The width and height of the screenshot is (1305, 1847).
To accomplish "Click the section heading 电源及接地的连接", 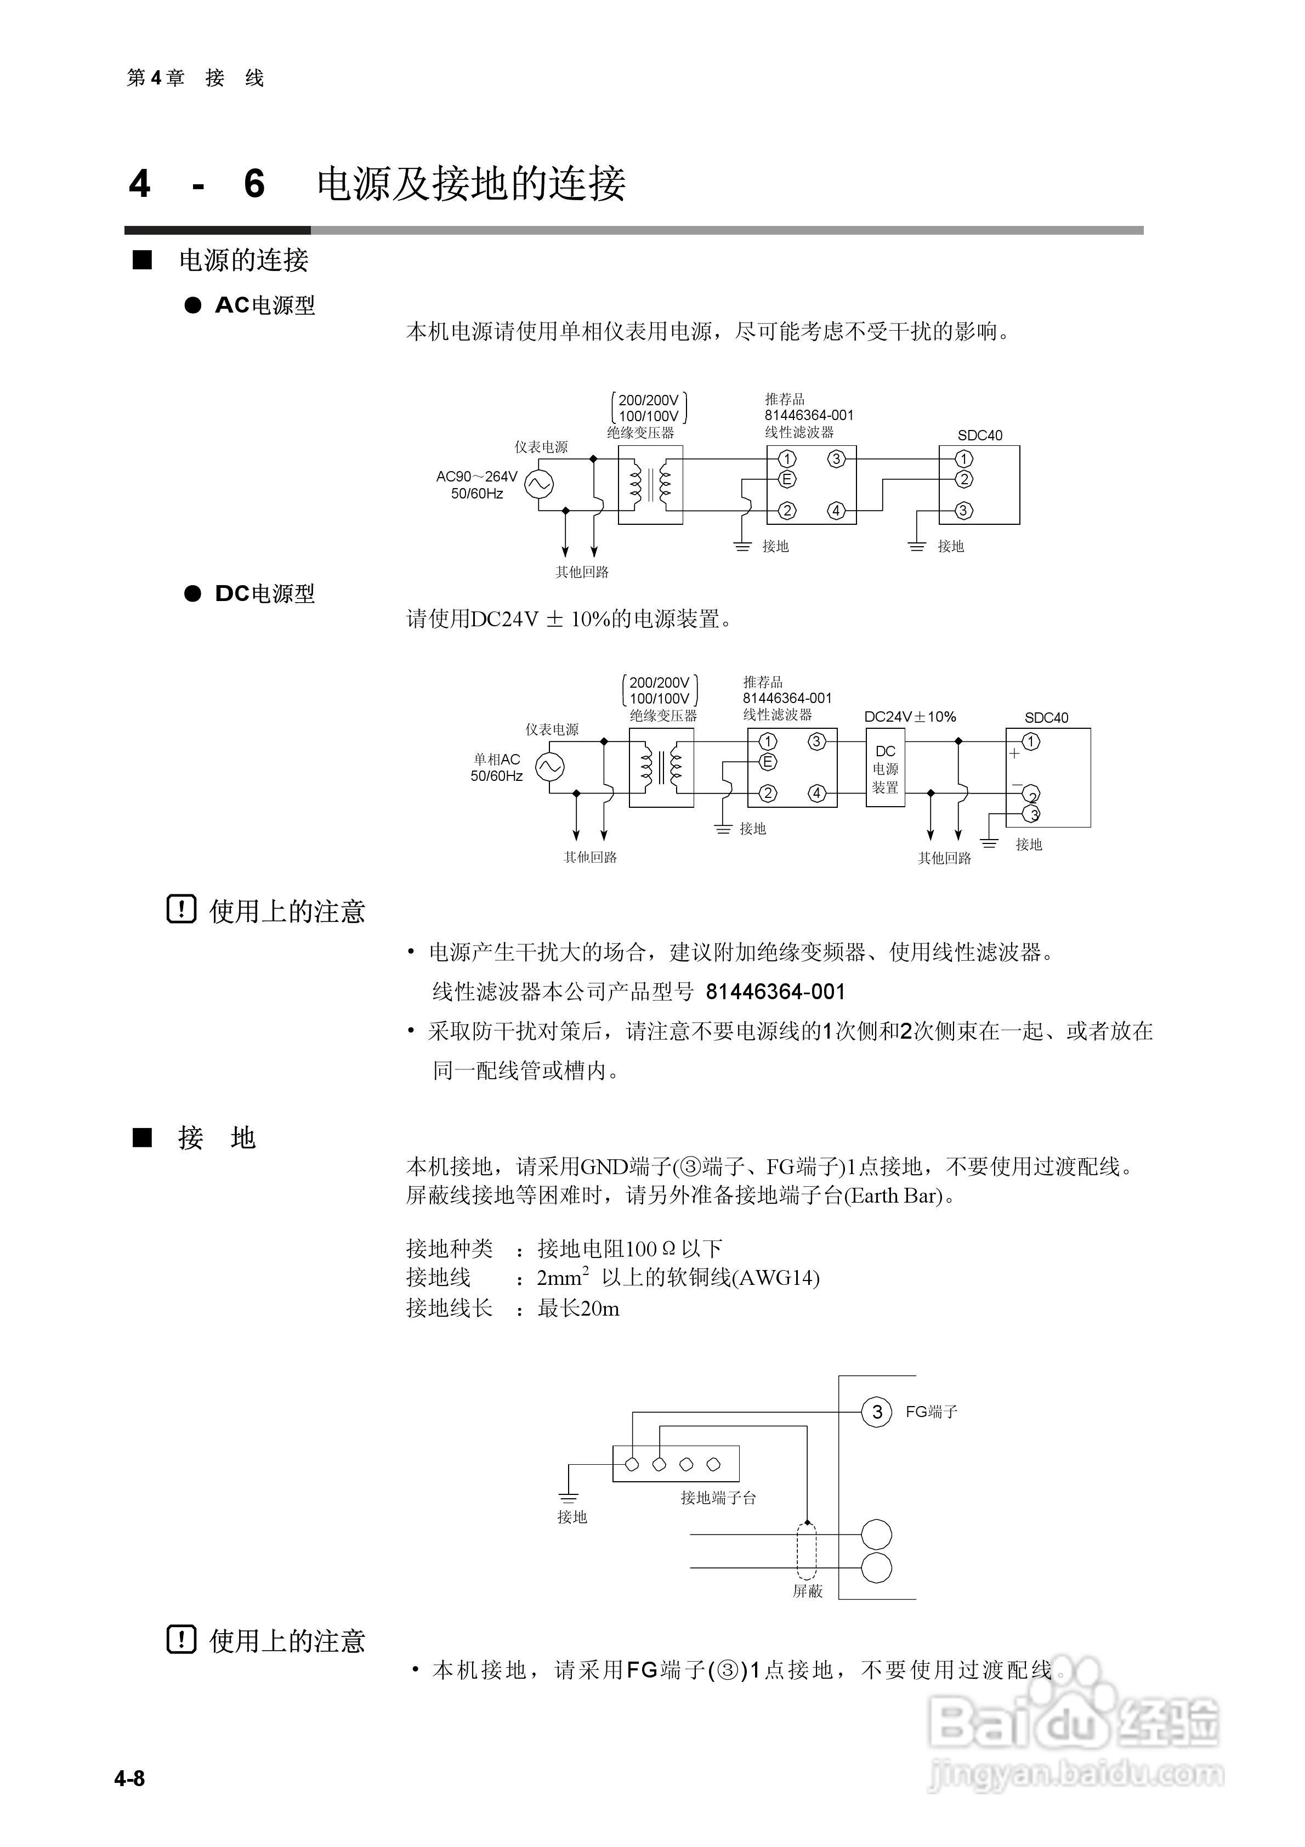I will pos(470,183).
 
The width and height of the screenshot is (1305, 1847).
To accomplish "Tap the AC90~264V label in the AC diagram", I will pos(476,476).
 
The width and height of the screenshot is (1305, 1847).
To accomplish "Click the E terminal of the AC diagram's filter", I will pos(786,479).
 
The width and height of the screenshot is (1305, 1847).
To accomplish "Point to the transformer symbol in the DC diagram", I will pos(661,767).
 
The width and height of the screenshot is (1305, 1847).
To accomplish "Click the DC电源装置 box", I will pos(885,768).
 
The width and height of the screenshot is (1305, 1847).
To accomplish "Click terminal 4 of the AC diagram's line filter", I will pos(836,511).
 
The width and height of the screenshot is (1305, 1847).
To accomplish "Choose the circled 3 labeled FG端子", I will pos(876,1412).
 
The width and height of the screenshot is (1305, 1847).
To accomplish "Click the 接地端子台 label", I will pos(718,1498).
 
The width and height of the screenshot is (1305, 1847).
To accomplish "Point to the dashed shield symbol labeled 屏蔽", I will pos(806,1551).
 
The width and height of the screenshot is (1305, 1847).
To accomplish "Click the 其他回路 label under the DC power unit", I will pos(945,858).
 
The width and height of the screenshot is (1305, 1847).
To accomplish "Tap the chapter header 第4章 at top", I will pos(155,78).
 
